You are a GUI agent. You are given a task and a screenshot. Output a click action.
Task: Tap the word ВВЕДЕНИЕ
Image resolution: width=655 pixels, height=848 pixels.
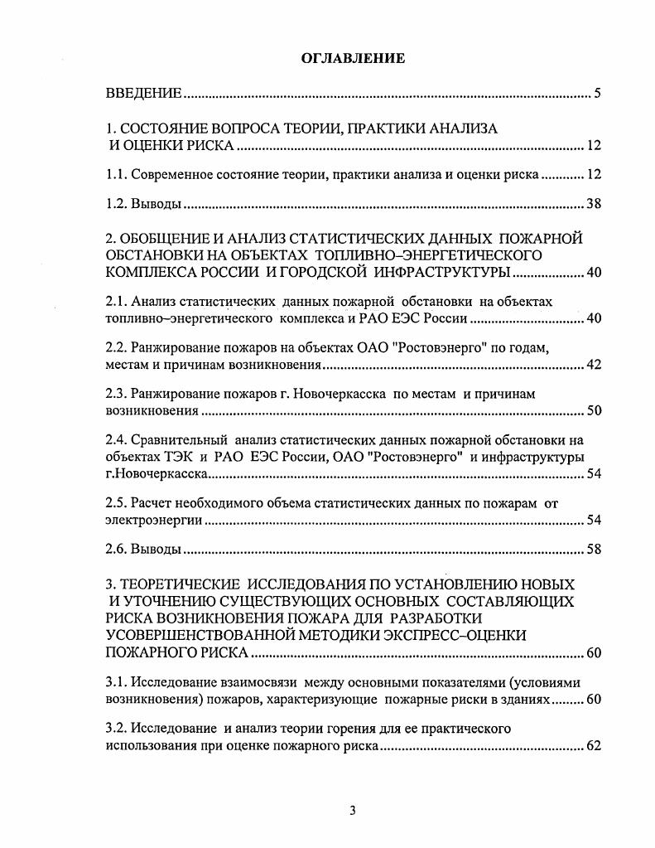coord(143,93)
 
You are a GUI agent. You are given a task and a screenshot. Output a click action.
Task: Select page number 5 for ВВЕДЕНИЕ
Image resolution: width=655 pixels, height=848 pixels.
coord(597,93)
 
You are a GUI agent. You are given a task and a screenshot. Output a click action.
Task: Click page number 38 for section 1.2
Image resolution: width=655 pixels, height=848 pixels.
coord(593,204)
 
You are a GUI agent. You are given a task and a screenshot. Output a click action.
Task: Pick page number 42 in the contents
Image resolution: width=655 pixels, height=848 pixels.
coord(593,366)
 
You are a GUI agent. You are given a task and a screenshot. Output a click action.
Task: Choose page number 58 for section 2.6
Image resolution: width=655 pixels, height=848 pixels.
coord(593,549)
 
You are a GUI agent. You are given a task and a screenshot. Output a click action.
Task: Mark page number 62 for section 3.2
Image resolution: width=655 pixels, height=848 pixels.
coord(593,746)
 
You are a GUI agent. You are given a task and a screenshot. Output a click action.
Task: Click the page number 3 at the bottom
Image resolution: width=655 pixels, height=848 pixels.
coord(353,810)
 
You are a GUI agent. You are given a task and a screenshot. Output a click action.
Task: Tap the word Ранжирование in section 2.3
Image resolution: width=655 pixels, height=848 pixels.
coord(180,394)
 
